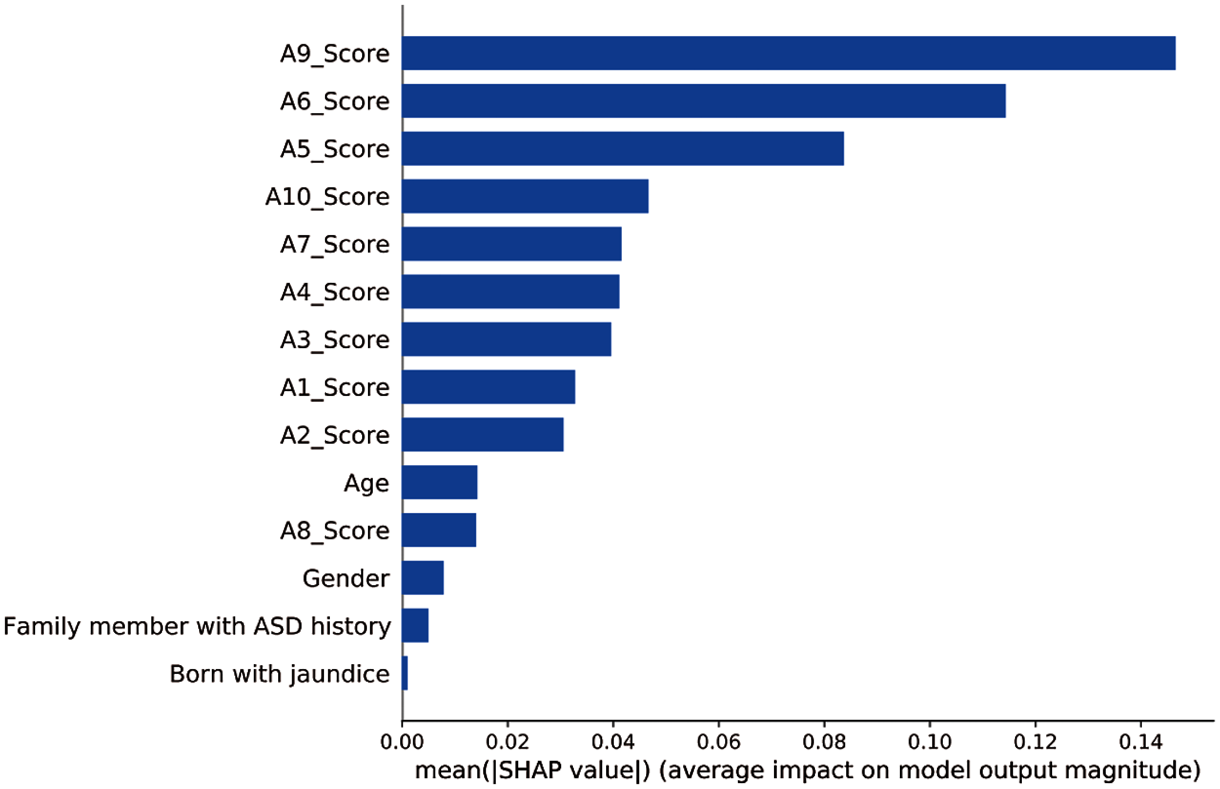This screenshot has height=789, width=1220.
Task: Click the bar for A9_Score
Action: tap(789, 53)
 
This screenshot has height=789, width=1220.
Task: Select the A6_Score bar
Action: tap(703, 101)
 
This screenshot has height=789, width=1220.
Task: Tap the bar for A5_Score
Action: tap(623, 149)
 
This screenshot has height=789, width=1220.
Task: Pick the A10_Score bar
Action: tap(525, 196)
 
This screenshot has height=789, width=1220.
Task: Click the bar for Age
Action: tap(440, 482)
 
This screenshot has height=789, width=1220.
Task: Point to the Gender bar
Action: tap(423, 578)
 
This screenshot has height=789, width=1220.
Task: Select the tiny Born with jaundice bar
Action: tap(405, 673)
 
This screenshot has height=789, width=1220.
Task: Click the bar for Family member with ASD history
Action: tap(415, 626)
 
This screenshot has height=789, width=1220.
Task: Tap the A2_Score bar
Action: tap(482, 434)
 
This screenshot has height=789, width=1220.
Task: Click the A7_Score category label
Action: tap(335, 244)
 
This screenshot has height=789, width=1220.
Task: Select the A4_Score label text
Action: tap(335, 292)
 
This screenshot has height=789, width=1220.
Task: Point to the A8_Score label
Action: tap(335, 530)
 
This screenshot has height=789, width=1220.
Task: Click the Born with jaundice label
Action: tap(279, 674)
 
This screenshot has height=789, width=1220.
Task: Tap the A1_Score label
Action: tap(335, 387)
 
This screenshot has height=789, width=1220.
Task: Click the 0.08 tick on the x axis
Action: tap(824, 742)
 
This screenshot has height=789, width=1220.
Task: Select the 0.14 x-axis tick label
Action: tap(1140, 742)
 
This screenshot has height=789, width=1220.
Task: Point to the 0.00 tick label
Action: tap(403, 742)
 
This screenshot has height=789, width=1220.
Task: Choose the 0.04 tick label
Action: tap(613, 742)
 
